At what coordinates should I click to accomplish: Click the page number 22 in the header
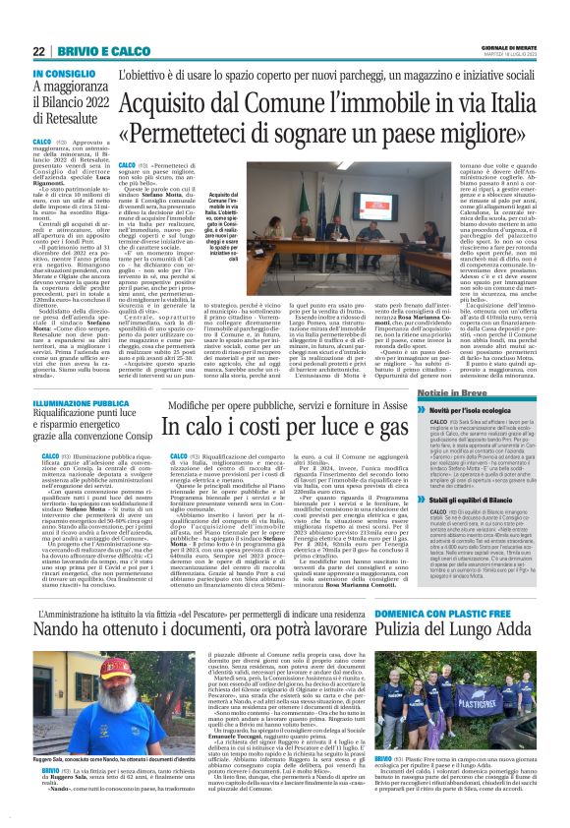tap(39, 51)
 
